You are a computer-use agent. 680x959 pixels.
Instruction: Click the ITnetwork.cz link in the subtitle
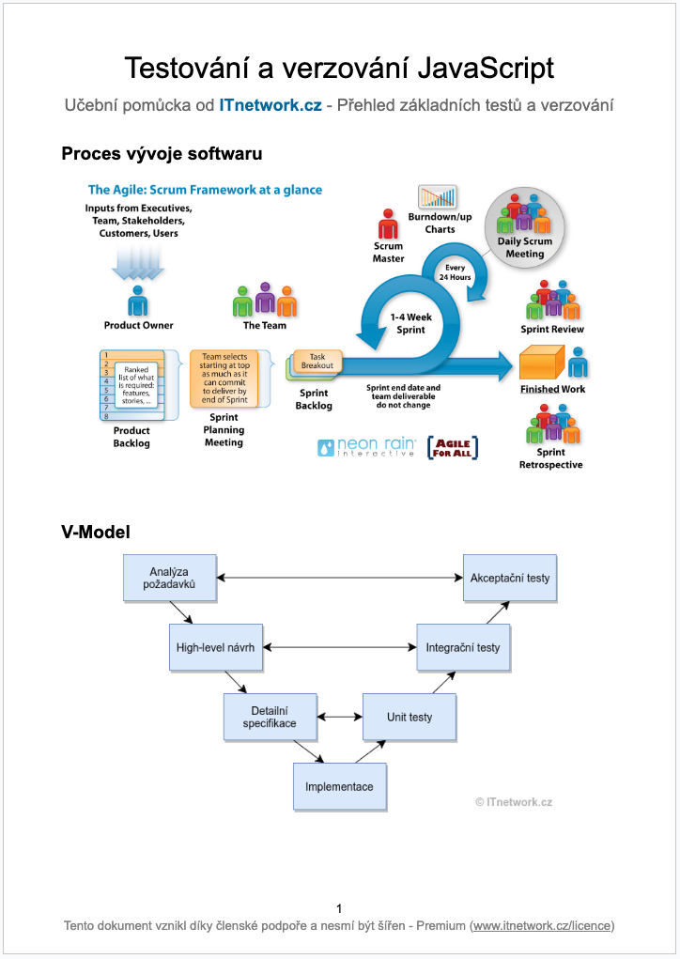click(x=270, y=105)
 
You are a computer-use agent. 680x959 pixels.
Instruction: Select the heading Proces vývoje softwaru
click(x=162, y=153)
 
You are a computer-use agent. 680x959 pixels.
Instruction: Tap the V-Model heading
click(x=96, y=532)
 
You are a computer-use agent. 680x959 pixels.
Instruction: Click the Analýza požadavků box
click(x=170, y=578)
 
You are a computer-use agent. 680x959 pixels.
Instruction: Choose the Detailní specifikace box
click(x=270, y=717)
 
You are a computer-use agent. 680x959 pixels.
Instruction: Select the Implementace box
click(x=339, y=786)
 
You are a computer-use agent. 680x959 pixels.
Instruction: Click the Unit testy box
click(x=410, y=717)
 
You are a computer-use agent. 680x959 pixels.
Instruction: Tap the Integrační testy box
click(x=463, y=647)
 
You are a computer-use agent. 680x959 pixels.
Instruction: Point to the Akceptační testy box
click(x=510, y=578)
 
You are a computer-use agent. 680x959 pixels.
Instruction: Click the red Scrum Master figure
click(x=388, y=225)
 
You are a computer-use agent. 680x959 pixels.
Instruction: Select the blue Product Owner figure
click(x=138, y=301)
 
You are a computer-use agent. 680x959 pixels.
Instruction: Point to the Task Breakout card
click(x=318, y=361)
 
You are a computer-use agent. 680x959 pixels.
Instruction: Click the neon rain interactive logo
click(x=365, y=448)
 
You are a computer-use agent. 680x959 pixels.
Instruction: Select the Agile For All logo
click(x=454, y=447)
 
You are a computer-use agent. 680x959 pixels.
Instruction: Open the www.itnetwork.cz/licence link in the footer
click(x=542, y=926)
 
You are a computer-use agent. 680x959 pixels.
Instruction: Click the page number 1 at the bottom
click(x=339, y=908)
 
